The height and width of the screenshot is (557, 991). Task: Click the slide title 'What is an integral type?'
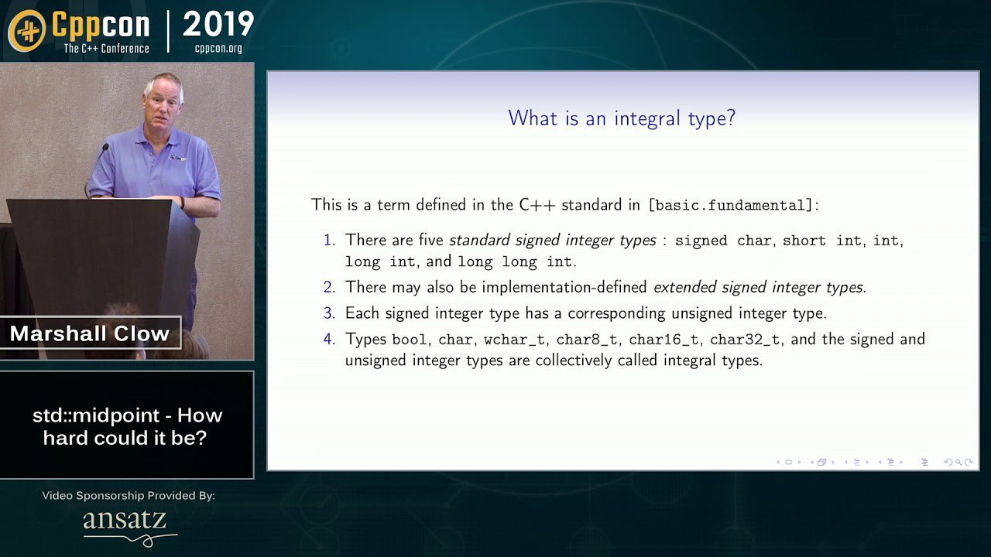coord(622,118)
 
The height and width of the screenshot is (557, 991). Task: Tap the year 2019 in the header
coord(218,24)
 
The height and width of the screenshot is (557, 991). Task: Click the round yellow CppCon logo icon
coord(26,31)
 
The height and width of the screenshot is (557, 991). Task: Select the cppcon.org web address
coord(218,48)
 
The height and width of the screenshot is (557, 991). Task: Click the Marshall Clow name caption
coord(90,333)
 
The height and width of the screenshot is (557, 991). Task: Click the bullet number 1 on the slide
coord(329,240)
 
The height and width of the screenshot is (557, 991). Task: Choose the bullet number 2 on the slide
coord(329,287)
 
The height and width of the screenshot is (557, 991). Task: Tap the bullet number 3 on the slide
coord(329,313)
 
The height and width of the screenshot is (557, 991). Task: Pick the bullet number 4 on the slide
coord(329,339)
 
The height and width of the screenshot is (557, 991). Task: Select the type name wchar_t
coord(514,340)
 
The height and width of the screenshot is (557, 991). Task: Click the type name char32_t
coord(745,340)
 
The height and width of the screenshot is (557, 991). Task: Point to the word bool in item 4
coord(410,340)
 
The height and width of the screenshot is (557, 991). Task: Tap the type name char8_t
coord(587,340)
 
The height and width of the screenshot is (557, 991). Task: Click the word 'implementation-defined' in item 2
coord(564,287)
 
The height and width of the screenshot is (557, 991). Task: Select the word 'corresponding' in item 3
coord(616,313)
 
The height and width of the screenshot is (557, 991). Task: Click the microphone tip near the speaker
coord(106,146)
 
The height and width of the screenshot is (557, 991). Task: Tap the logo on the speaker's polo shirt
coord(178,157)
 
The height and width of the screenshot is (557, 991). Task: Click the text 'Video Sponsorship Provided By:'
coord(129,496)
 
